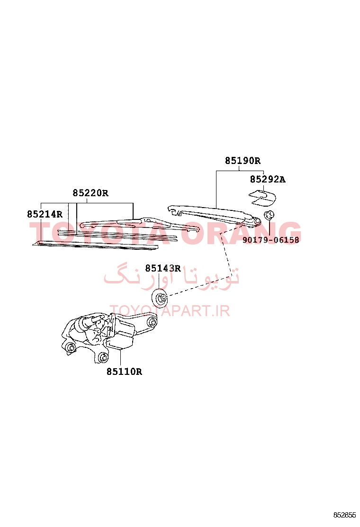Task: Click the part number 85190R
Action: tap(243, 161)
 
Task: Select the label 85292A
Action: tap(268, 180)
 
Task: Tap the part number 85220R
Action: tap(90, 193)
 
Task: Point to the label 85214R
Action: tap(45, 214)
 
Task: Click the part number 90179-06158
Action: tap(270, 240)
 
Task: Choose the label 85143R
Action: tap(163, 268)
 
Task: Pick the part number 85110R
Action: tap(124, 372)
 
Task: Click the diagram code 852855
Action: tap(344, 515)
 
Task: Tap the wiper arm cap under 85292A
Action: tap(262, 197)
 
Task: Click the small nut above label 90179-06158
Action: tap(269, 214)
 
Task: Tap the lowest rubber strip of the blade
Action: tap(96, 245)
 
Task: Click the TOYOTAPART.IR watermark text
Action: tap(170, 311)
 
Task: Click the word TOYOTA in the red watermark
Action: tap(101, 232)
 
